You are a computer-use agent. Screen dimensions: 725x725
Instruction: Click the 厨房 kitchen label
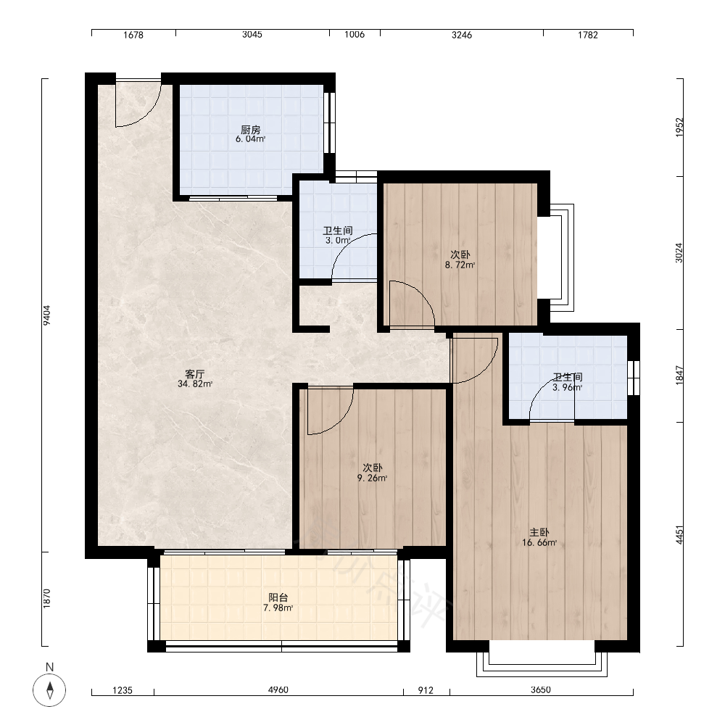(x=251, y=130)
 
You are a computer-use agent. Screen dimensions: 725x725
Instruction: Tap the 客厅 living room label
(x=194, y=374)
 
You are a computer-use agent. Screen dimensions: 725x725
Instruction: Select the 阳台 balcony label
(x=278, y=598)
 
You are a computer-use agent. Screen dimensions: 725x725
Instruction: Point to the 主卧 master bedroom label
(x=539, y=533)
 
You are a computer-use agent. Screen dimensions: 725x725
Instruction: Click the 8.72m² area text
(x=460, y=265)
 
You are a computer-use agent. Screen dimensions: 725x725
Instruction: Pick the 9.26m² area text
(x=372, y=478)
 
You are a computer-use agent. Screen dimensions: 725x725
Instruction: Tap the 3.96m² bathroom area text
(x=568, y=387)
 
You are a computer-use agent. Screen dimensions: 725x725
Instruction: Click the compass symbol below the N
(x=49, y=690)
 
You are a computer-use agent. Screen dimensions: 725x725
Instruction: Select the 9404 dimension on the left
(x=46, y=315)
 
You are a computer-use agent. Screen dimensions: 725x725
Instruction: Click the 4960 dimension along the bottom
(x=278, y=690)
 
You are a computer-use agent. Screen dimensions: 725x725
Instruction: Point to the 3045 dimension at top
(x=252, y=34)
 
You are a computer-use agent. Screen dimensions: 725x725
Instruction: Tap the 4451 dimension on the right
(x=679, y=534)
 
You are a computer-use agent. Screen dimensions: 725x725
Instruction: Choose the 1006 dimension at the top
(x=355, y=34)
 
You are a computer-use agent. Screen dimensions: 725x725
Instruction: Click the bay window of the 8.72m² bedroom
(x=562, y=257)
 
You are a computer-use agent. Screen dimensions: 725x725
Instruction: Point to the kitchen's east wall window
(x=329, y=123)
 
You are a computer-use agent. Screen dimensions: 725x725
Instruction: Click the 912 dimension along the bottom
(x=426, y=690)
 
